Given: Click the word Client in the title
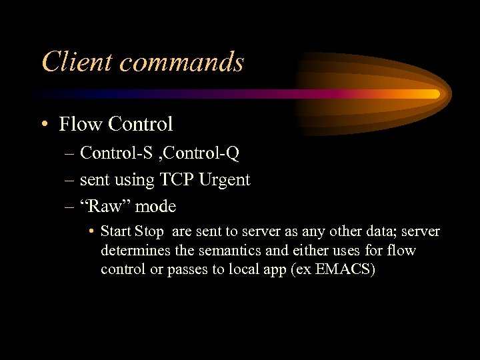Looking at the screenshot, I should coord(70,62).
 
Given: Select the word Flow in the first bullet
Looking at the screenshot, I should coord(80,124).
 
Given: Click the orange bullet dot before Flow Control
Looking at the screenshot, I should coord(43,125).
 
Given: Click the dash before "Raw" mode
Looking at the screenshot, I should coord(70,207).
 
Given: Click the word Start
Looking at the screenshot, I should coord(116,232).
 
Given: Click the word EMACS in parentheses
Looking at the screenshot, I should coord(343,269).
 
